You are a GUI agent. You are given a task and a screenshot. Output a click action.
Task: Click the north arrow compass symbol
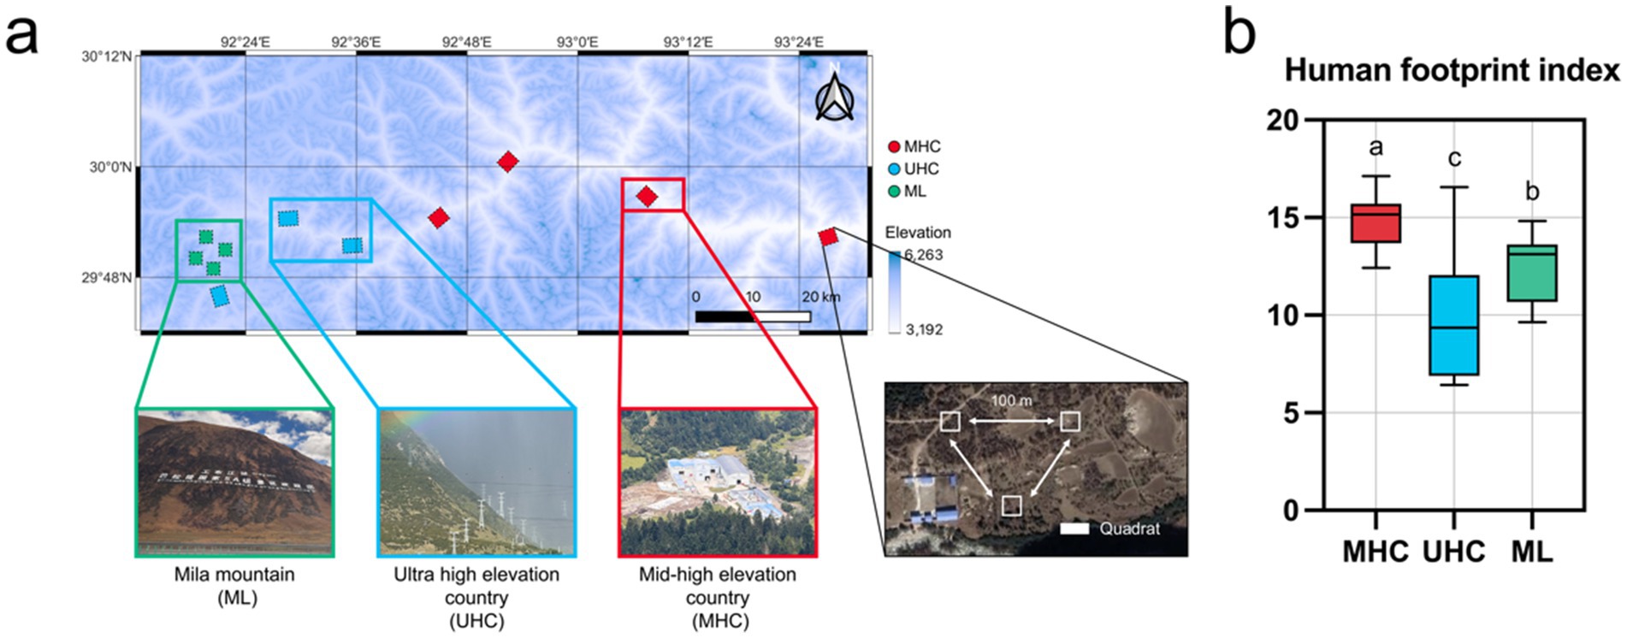point(834,97)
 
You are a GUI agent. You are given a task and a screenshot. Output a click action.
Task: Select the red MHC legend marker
point(894,147)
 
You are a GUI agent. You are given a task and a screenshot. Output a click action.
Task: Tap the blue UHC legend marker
point(894,169)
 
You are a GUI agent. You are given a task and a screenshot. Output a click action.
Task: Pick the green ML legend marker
point(894,192)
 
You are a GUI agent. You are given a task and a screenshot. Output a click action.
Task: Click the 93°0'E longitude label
point(577,41)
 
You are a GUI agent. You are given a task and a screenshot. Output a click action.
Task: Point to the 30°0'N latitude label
point(110,167)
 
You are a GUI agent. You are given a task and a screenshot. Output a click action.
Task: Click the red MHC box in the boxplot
point(1376,223)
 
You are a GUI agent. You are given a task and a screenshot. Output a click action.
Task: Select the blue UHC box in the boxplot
point(1453,325)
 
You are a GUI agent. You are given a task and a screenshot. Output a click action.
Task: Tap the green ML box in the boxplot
point(1531,273)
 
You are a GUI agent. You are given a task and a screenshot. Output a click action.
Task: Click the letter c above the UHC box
point(1454,158)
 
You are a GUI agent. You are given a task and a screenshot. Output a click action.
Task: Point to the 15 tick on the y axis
point(1283,218)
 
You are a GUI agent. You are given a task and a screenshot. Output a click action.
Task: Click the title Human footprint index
point(1452,70)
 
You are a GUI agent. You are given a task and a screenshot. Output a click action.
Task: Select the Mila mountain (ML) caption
point(234,586)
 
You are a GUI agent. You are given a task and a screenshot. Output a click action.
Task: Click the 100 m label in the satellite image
point(1011,400)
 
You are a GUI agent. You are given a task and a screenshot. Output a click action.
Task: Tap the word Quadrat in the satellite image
point(1129,529)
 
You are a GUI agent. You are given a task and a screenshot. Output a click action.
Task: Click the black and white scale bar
point(753,316)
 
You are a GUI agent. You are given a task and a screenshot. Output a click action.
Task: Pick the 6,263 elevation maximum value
point(924,255)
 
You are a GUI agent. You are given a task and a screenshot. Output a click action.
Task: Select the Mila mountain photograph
point(234,482)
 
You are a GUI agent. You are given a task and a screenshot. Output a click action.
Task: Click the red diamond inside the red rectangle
point(647,197)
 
